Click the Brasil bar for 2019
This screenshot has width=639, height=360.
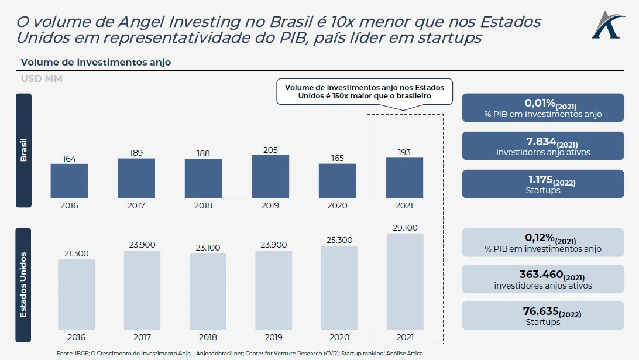pos(270,176)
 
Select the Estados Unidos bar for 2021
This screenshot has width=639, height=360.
pos(405,281)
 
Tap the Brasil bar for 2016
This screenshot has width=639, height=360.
pos(69,180)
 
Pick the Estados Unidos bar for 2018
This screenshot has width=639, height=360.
pos(208,291)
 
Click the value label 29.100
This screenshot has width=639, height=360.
pos(405,228)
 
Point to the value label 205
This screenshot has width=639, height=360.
pos(270,150)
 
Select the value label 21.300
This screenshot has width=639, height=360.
pos(76,253)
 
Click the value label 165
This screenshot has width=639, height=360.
pos(338,158)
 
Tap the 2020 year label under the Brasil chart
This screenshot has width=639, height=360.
pos(338,205)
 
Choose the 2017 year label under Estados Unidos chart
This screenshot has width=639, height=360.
pos(142,337)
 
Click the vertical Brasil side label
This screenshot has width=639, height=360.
pos(23,150)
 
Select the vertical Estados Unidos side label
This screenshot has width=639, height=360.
pos(23,284)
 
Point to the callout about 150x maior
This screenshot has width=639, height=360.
pos(365,91)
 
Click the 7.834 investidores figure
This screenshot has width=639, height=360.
pos(542,142)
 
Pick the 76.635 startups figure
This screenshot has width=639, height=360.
pos(542,312)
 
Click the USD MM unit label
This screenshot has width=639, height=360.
pos(42,78)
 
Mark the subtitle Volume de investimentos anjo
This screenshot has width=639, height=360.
pos(96,62)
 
